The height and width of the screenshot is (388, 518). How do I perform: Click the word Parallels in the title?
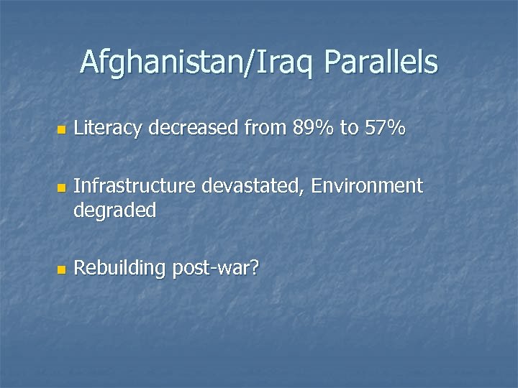[x=381, y=63]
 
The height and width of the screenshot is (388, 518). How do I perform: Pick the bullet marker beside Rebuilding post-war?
[x=60, y=271]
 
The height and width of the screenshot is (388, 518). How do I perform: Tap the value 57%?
[x=385, y=129]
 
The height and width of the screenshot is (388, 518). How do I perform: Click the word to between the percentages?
[x=349, y=130]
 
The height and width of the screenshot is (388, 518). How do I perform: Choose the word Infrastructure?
[x=135, y=186]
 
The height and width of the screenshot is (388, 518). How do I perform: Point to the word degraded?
[x=115, y=211]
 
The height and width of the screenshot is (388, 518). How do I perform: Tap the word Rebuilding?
[x=120, y=269]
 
